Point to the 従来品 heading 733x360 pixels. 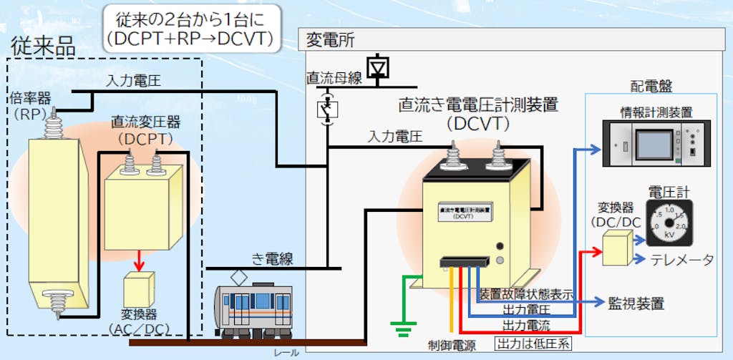(43, 47)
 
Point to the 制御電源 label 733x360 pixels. (450, 344)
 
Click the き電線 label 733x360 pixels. (272, 258)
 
